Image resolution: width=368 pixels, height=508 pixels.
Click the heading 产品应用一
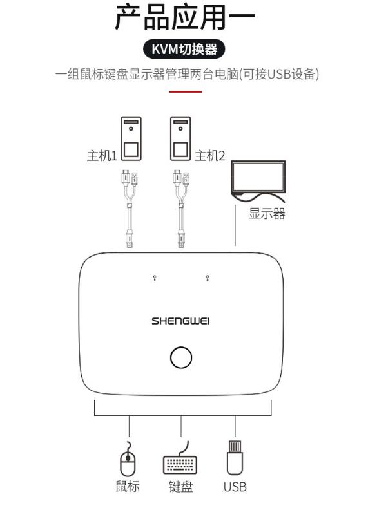point(185,17)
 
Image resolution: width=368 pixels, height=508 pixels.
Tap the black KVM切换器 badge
point(184,49)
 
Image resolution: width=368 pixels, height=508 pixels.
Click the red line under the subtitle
point(185,91)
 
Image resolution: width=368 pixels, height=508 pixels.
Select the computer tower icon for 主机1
point(131,138)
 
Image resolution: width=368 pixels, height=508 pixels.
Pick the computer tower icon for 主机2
point(180,138)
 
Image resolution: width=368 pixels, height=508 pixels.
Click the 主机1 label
point(101,156)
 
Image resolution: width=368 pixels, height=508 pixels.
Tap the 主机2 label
point(209,156)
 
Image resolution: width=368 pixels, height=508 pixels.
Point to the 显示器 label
point(267,214)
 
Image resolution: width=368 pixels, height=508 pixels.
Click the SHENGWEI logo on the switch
point(180,321)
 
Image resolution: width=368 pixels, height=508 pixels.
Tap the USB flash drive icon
point(235,458)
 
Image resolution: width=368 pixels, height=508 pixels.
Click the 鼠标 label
point(128,486)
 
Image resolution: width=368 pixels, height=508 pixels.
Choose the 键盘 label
point(180,487)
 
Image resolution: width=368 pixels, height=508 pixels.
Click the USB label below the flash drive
point(235,487)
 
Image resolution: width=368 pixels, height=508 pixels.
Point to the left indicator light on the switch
point(155,278)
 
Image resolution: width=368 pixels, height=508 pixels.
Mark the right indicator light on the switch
point(208,278)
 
